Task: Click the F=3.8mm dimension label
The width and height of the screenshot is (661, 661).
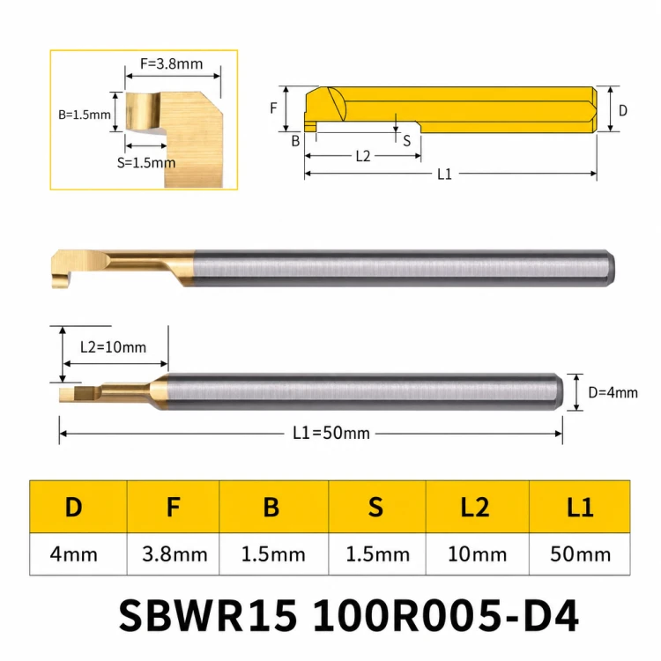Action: (x=171, y=63)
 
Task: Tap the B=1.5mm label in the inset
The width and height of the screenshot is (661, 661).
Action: (x=85, y=115)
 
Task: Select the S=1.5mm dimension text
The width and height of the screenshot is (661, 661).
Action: (x=145, y=163)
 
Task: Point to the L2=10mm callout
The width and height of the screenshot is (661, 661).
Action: (x=113, y=347)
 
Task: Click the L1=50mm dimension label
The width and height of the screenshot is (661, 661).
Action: (x=331, y=433)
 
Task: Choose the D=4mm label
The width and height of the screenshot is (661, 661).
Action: (x=613, y=393)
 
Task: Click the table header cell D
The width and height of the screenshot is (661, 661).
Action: (x=74, y=507)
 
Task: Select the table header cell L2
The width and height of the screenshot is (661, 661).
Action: (x=477, y=507)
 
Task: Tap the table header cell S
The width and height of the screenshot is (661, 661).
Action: (x=377, y=507)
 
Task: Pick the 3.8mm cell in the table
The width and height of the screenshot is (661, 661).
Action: (x=175, y=554)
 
